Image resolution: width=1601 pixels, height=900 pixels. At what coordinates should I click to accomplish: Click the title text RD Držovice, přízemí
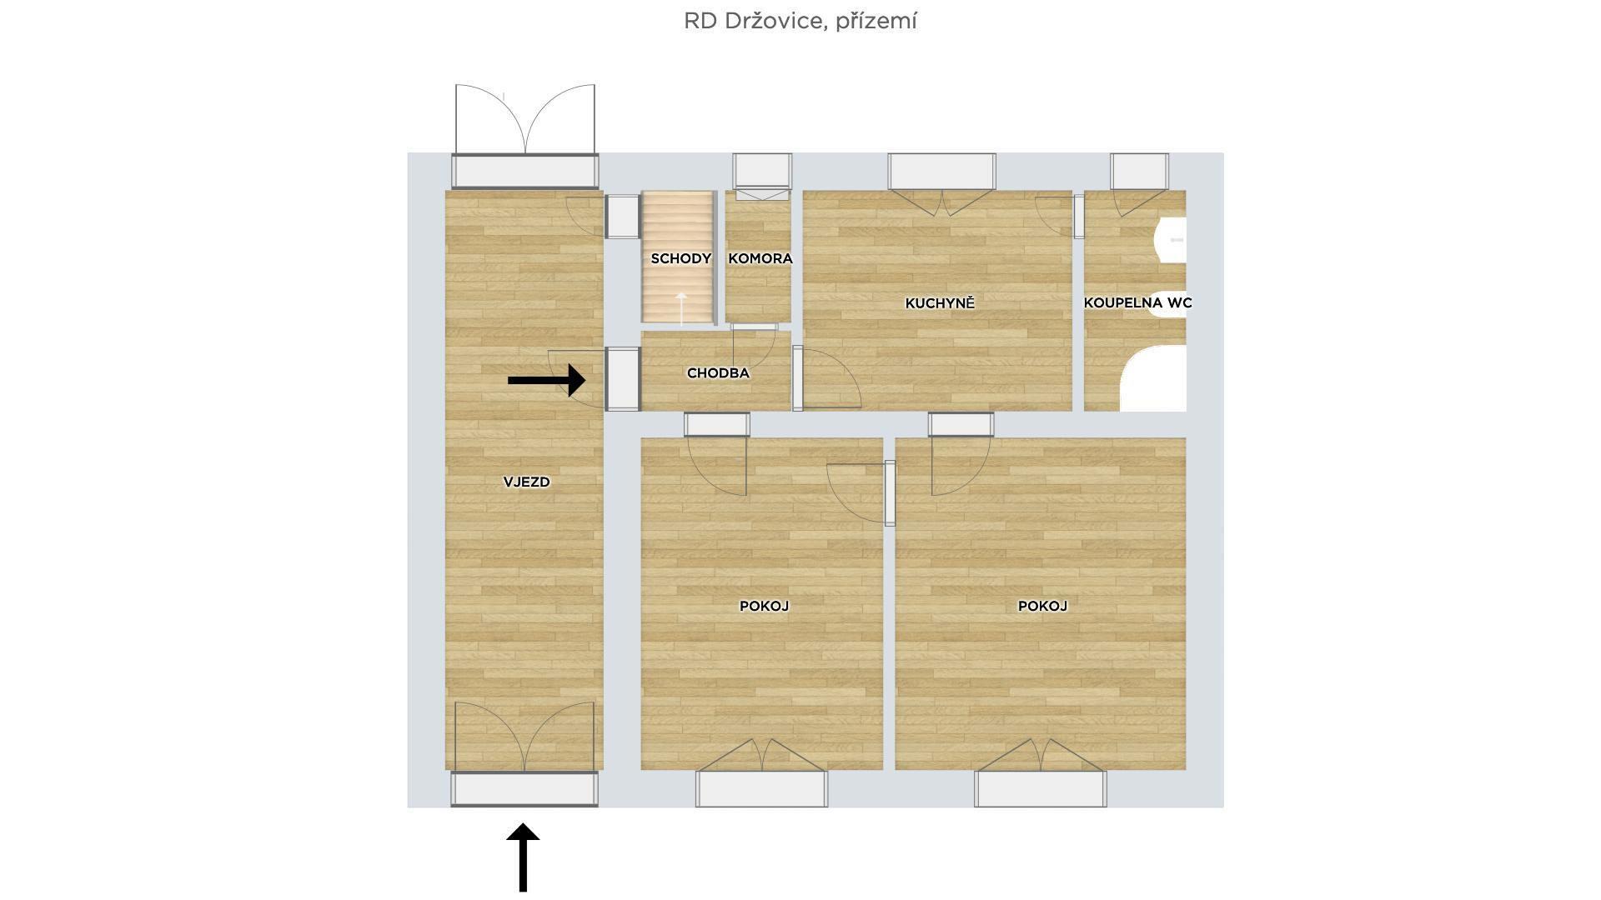[800, 21]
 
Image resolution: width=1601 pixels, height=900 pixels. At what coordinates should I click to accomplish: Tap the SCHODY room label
[681, 258]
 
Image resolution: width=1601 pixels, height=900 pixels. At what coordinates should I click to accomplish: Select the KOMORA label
[760, 258]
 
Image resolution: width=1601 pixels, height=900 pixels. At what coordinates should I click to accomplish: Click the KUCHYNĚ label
[940, 303]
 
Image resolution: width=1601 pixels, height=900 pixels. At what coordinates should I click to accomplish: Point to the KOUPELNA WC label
[1137, 302]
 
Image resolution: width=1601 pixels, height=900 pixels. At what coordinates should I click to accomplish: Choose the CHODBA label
[718, 373]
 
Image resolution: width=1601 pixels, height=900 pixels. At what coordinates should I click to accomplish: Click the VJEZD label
[526, 482]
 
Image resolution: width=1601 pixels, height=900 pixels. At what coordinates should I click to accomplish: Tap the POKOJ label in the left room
[764, 606]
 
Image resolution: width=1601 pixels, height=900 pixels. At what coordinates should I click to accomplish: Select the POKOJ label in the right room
[1042, 606]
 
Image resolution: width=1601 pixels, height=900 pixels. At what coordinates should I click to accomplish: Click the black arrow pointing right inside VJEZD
[546, 380]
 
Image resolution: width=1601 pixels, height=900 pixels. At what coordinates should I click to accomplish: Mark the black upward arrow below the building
[523, 857]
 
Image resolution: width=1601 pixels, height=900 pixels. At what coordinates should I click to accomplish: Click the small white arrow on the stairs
[681, 307]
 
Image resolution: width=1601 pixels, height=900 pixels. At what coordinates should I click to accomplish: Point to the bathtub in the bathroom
[1153, 380]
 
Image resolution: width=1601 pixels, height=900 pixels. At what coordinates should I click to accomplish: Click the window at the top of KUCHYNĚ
[941, 172]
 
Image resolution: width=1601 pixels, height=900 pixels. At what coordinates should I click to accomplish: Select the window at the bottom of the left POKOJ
[762, 788]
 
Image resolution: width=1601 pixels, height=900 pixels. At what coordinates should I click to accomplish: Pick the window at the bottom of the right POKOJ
[1041, 788]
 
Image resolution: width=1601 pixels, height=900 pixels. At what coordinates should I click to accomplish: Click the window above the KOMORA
[762, 172]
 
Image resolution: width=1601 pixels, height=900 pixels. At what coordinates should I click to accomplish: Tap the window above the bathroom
[1139, 172]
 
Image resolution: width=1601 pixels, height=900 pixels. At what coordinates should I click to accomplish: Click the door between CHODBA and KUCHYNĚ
[826, 378]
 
